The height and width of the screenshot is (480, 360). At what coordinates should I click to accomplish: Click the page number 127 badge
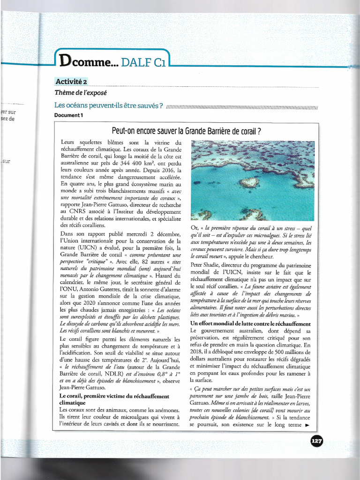click(316, 441)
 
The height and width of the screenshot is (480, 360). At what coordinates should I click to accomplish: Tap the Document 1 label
click(68, 115)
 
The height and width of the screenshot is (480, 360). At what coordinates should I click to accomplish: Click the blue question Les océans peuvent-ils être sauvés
click(109, 105)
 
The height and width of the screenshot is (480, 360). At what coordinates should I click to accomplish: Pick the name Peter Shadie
click(209, 264)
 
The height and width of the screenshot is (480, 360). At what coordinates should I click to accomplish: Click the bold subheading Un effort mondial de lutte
click(250, 324)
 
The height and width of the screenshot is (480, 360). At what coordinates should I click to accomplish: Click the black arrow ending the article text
click(307, 425)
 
